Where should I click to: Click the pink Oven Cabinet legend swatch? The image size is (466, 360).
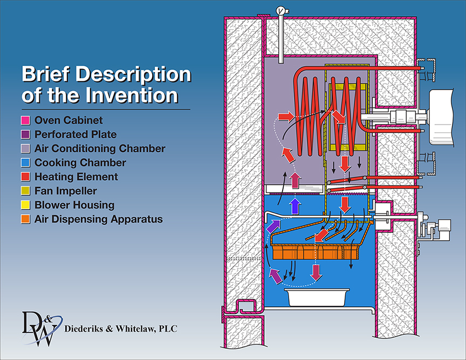pos(26,121)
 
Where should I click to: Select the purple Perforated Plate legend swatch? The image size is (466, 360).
pos(26,135)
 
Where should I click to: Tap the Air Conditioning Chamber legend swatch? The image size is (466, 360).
pos(26,149)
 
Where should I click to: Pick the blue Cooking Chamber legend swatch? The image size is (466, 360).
pos(26,163)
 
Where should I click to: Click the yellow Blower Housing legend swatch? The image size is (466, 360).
pos(26,205)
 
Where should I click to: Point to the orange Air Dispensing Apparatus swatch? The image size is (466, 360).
pos(26,219)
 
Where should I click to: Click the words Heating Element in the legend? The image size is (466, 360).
pos(76,177)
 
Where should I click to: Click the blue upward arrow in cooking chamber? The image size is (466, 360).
pos(294,205)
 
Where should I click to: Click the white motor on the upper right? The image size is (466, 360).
pos(447,116)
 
